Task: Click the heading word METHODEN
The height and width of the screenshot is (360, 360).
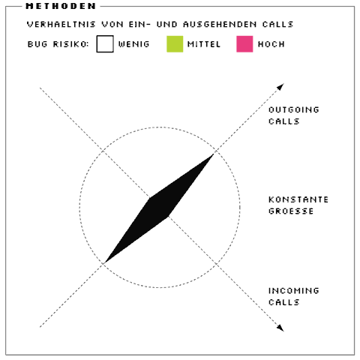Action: (x=61, y=6)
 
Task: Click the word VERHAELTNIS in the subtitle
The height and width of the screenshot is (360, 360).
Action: (x=61, y=24)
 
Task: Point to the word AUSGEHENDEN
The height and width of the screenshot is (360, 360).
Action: (x=220, y=24)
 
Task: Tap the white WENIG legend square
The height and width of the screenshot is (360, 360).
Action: (x=105, y=44)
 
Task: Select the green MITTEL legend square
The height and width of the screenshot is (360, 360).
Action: (x=175, y=44)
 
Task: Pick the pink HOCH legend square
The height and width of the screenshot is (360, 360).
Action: (x=244, y=44)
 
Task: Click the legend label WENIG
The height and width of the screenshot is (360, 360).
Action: (x=133, y=44)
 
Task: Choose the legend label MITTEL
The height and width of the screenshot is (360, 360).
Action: (x=204, y=44)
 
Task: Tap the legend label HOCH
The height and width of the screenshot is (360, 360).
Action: (x=271, y=44)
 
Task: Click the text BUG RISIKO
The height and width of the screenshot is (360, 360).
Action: (x=58, y=44)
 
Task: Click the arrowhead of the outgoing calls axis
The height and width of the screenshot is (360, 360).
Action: (x=280, y=86)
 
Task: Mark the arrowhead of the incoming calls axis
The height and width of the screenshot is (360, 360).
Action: (x=280, y=328)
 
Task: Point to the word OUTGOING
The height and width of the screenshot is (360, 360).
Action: (x=294, y=109)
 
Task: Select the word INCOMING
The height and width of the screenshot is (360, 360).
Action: (x=294, y=291)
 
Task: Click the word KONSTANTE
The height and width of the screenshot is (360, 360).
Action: (x=298, y=199)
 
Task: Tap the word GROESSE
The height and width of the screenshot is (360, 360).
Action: (x=291, y=211)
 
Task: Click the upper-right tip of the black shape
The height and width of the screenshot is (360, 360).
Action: (x=214, y=154)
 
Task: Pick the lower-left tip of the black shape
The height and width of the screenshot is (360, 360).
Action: (x=105, y=262)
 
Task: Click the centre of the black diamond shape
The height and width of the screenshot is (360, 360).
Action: (x=159, y=208)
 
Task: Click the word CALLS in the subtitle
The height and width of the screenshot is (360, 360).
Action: (x=277, y=24)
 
